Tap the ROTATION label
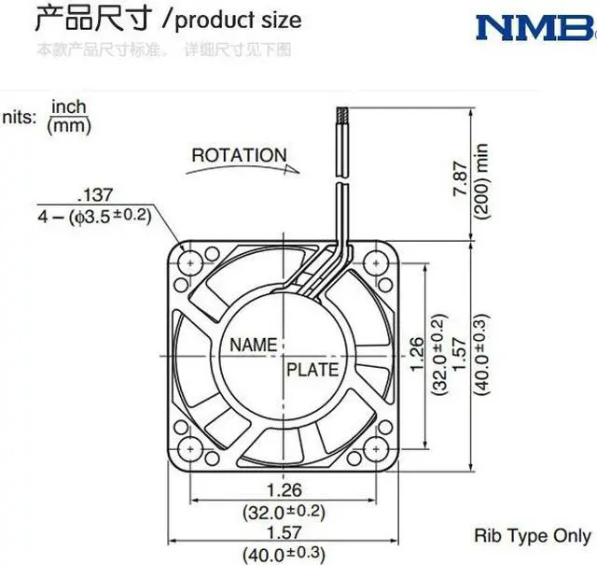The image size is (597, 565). coord(239,155)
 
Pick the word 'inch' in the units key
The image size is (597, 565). coord(68,106)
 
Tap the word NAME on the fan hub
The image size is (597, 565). coord(253,345)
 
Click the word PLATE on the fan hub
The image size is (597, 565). coord(312,370)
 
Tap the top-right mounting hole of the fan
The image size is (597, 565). coord(378,262)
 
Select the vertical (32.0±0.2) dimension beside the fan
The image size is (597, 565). coord(438,356)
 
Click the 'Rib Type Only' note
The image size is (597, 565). coord(532,536)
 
